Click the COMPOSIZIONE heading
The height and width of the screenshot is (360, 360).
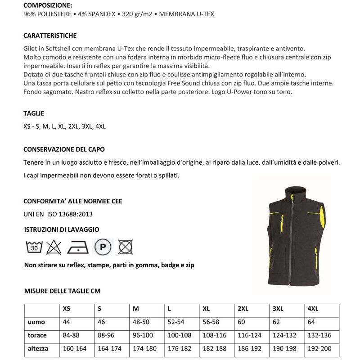(47, 6)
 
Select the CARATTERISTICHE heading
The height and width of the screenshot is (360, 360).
(50, 36)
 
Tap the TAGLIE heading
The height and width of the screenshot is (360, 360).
(34, 113)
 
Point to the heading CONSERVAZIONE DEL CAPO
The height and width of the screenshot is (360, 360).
(64, 149)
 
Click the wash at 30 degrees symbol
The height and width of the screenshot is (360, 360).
(34, 247)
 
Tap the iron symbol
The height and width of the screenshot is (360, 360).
(78, 247)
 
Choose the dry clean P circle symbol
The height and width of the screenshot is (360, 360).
(103, 247)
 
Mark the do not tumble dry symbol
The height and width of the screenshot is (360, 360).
(125, 247)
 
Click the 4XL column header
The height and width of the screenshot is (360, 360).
(313, 309)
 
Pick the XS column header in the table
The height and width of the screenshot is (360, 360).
(66, 309)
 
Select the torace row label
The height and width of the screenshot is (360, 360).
(37, 335)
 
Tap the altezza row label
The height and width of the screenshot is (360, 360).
(38, 348)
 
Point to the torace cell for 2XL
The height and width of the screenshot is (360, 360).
(249, 335)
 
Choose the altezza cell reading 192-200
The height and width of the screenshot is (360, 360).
(320, 348)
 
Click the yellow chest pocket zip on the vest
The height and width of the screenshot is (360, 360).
(282, 223)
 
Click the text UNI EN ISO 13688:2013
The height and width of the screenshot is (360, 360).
(58, 214)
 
